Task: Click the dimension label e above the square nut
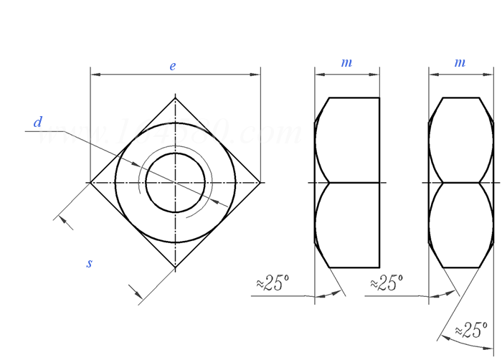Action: coord(173,66)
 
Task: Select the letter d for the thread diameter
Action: coord(38,123)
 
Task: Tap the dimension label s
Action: coord(90,263)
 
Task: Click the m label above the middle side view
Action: coord(346,63)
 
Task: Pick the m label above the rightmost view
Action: coord(460,63)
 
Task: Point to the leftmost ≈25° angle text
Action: coord(273,283)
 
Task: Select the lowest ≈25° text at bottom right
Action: coord(471,331)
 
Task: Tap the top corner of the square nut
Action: coord(176,98)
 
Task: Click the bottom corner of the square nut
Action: coord(176,267)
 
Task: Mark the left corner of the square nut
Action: coord(91,183)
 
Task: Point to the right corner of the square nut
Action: coord(260,183)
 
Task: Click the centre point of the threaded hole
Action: coord(176,183)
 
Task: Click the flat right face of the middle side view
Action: coord(379,183)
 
